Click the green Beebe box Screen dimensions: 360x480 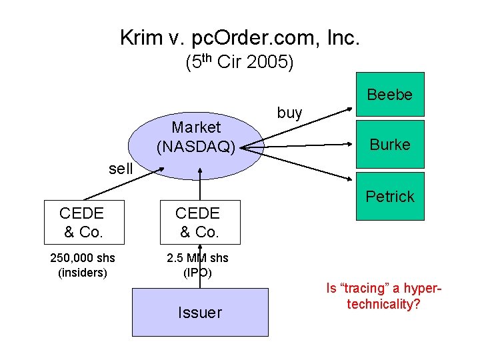coord(390,94)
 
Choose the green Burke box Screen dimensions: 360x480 coord(390,143)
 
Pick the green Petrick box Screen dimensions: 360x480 coord(390,196)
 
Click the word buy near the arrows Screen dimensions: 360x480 coord(289,113)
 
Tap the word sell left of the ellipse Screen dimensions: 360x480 coord(121,168)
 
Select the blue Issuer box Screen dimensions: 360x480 coord(200,312)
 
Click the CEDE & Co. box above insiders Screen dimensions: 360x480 coord(81,222)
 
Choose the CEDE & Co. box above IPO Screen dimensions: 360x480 coord(197,222)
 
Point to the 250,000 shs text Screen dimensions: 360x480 coord(82,258)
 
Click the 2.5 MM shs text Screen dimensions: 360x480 coord(197,258)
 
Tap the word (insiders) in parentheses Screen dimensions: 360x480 coord(82,272)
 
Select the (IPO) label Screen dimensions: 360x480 coord(197,272)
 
